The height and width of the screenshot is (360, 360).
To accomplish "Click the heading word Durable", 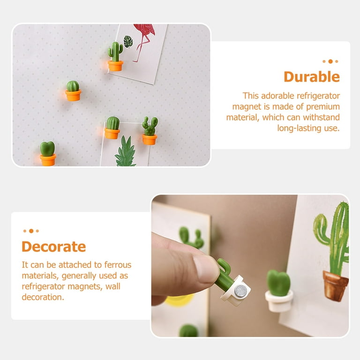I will point(311,76).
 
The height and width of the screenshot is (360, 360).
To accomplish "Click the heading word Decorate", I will point(53,246).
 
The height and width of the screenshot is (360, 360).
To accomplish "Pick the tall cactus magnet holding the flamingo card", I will point(115,56).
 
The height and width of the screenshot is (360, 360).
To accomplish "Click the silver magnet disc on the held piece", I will point(240,291).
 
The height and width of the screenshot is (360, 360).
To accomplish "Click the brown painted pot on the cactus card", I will point(335,285).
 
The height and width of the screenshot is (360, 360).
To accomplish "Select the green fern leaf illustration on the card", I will point(125,152).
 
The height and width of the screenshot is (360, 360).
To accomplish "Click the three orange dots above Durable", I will point(330,61).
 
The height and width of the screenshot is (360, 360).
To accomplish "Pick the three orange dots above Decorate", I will point(31,231).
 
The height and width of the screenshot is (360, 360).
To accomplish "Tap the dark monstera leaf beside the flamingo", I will point(128,41).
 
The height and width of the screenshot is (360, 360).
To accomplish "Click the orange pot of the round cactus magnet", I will point(73,96).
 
